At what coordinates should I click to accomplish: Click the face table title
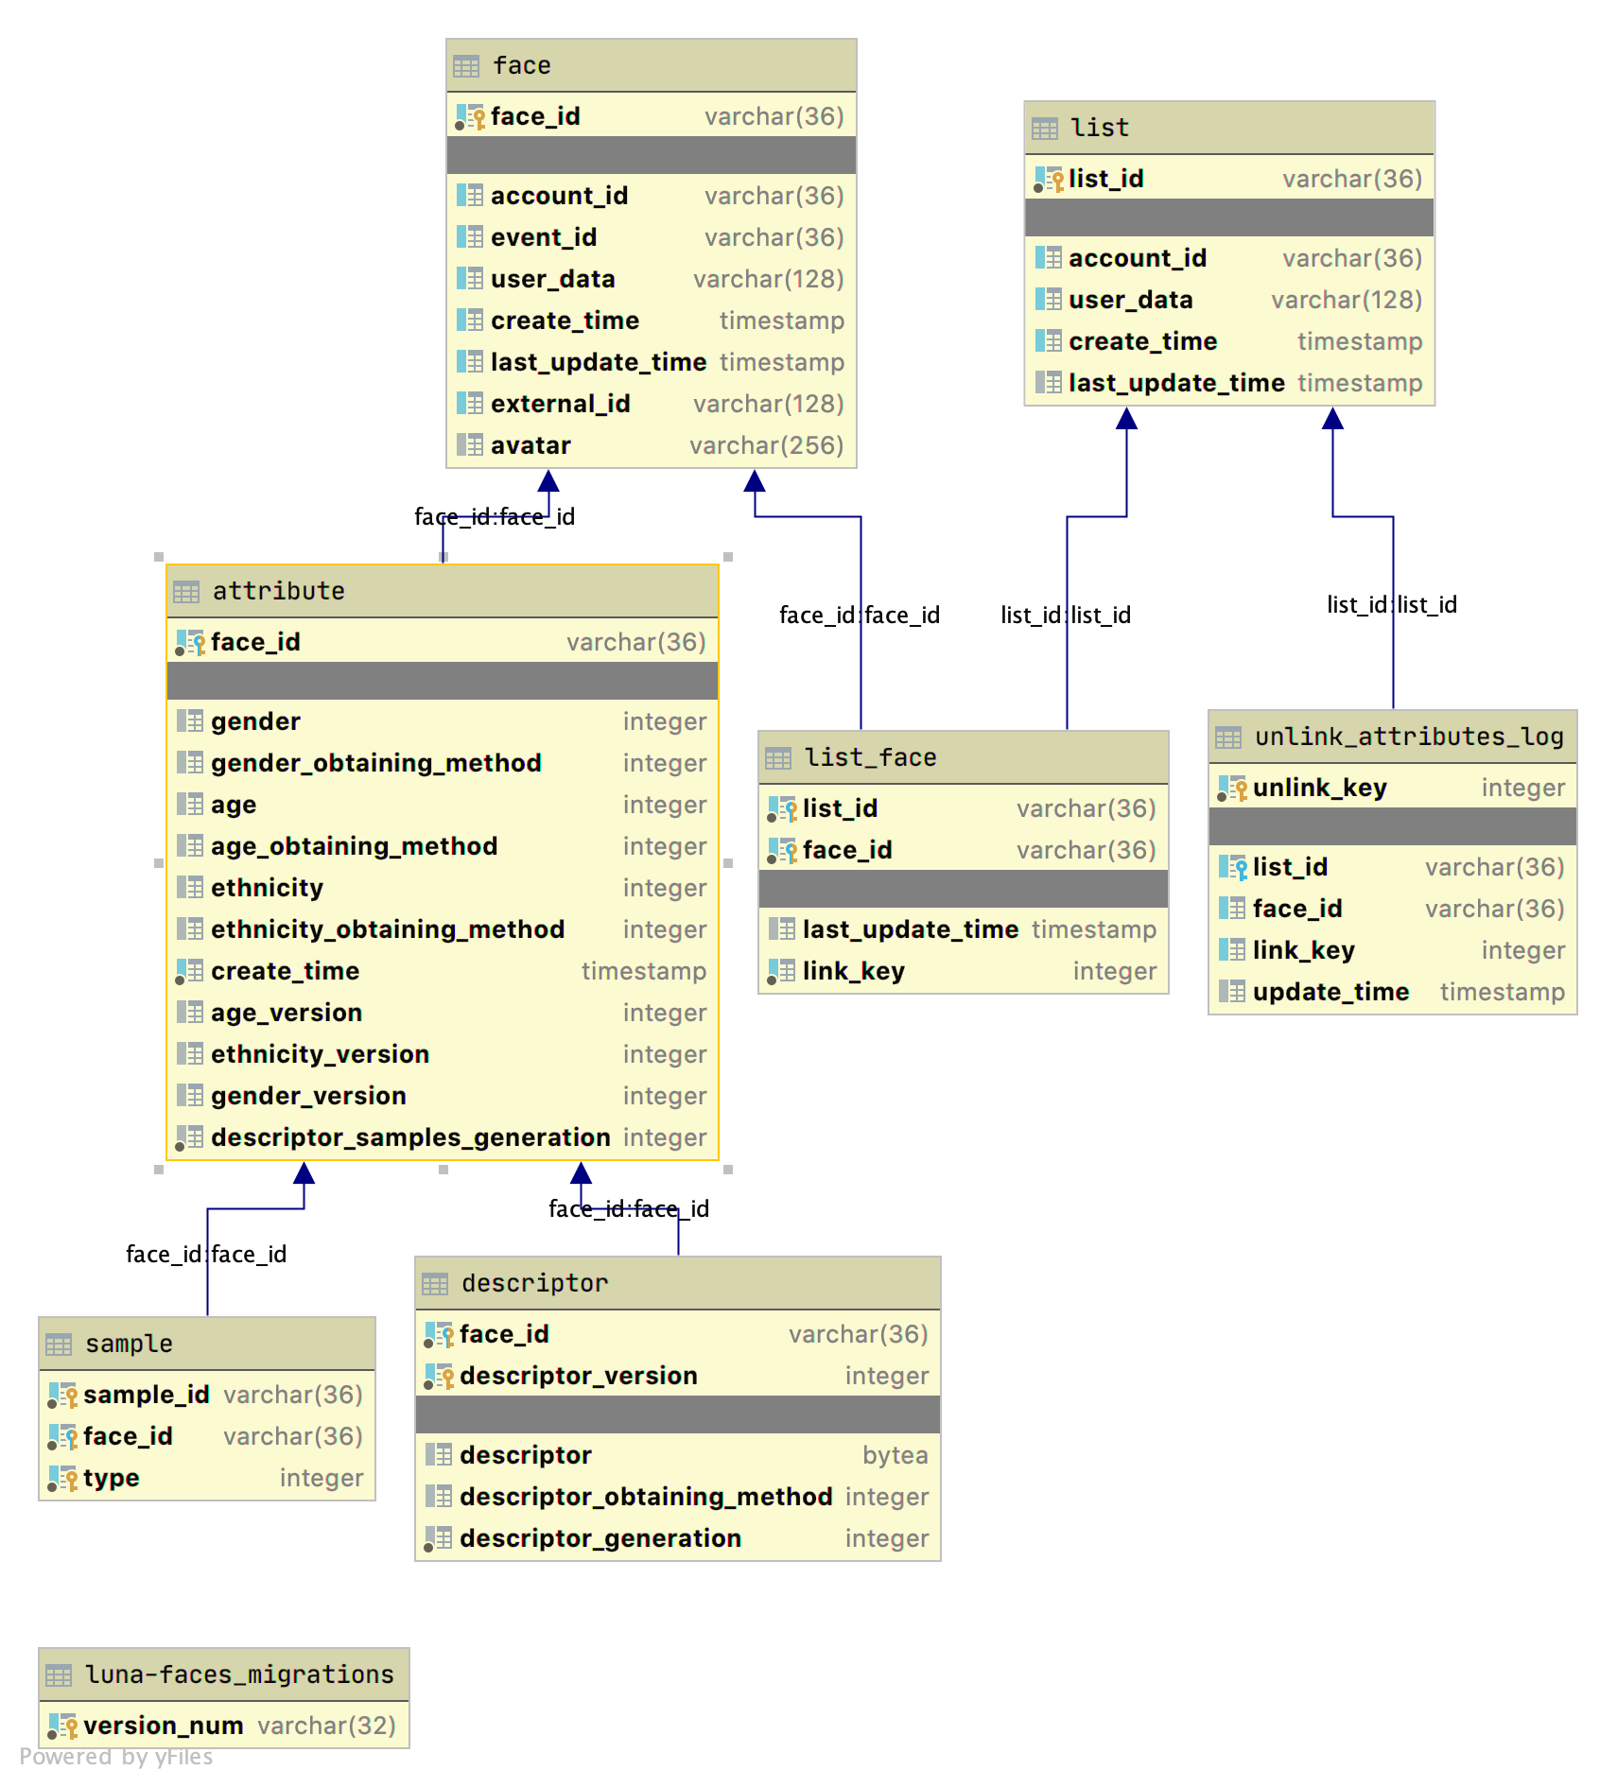522,65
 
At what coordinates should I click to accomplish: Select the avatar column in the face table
530,445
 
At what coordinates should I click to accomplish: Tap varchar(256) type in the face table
766,445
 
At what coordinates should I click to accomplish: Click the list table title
1100,128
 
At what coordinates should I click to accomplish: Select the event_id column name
544,237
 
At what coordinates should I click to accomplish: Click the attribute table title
278,591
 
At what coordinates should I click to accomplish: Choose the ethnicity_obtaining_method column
388,929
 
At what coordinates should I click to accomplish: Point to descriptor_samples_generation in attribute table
410,1137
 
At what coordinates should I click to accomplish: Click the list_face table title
870,757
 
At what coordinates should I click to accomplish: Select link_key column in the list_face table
854,971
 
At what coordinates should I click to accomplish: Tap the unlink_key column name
1320,788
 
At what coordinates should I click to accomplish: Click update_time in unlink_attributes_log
1330,992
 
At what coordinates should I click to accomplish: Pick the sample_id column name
147,1395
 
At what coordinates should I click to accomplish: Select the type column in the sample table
112,1478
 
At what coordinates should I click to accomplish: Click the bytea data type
895,1455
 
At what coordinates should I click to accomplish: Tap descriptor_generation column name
600,1538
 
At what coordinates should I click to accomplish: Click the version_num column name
164,1726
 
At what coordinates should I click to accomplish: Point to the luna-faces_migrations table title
239,1674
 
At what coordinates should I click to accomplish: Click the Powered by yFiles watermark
116,1757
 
